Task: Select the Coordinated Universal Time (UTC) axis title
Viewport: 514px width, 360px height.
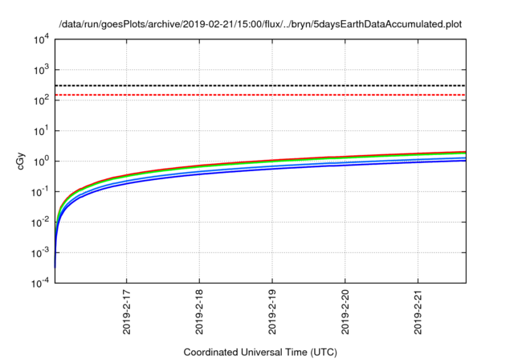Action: click(x=259, y=352)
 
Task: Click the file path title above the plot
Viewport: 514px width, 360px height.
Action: click(x=259, y=24)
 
